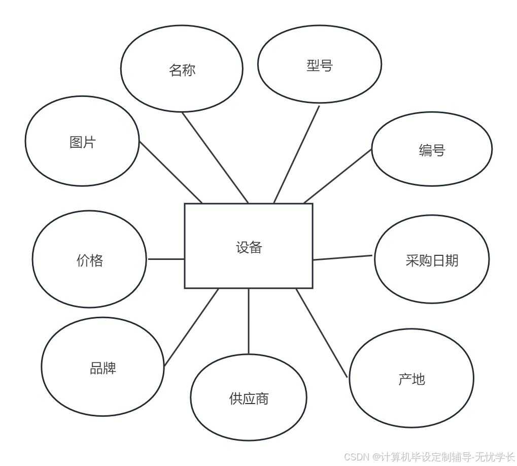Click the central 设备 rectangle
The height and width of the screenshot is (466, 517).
248,246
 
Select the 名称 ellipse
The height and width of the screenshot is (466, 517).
182,70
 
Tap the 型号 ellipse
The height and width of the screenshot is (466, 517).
319,64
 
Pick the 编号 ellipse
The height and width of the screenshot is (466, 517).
432,150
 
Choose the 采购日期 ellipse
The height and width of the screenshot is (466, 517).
432,260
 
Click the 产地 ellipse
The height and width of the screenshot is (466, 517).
411,378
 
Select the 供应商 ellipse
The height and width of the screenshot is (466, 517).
249,398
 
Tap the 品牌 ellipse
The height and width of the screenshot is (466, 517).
103,367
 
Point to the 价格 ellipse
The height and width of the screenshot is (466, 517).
90,260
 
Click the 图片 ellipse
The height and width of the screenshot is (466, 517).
82,142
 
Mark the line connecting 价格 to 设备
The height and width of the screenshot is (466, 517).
166,259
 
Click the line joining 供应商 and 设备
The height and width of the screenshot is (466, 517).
249,321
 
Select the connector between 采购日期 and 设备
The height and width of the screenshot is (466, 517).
343,257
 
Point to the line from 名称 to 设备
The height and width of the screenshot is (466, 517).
215,157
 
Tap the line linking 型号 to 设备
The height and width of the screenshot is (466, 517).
297,154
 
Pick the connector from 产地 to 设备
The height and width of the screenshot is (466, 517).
322,332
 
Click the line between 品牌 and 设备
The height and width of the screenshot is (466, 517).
191,327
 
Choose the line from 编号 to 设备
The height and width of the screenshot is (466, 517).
338,176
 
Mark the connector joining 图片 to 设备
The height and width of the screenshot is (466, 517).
171,172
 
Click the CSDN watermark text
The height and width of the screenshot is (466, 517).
429,456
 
